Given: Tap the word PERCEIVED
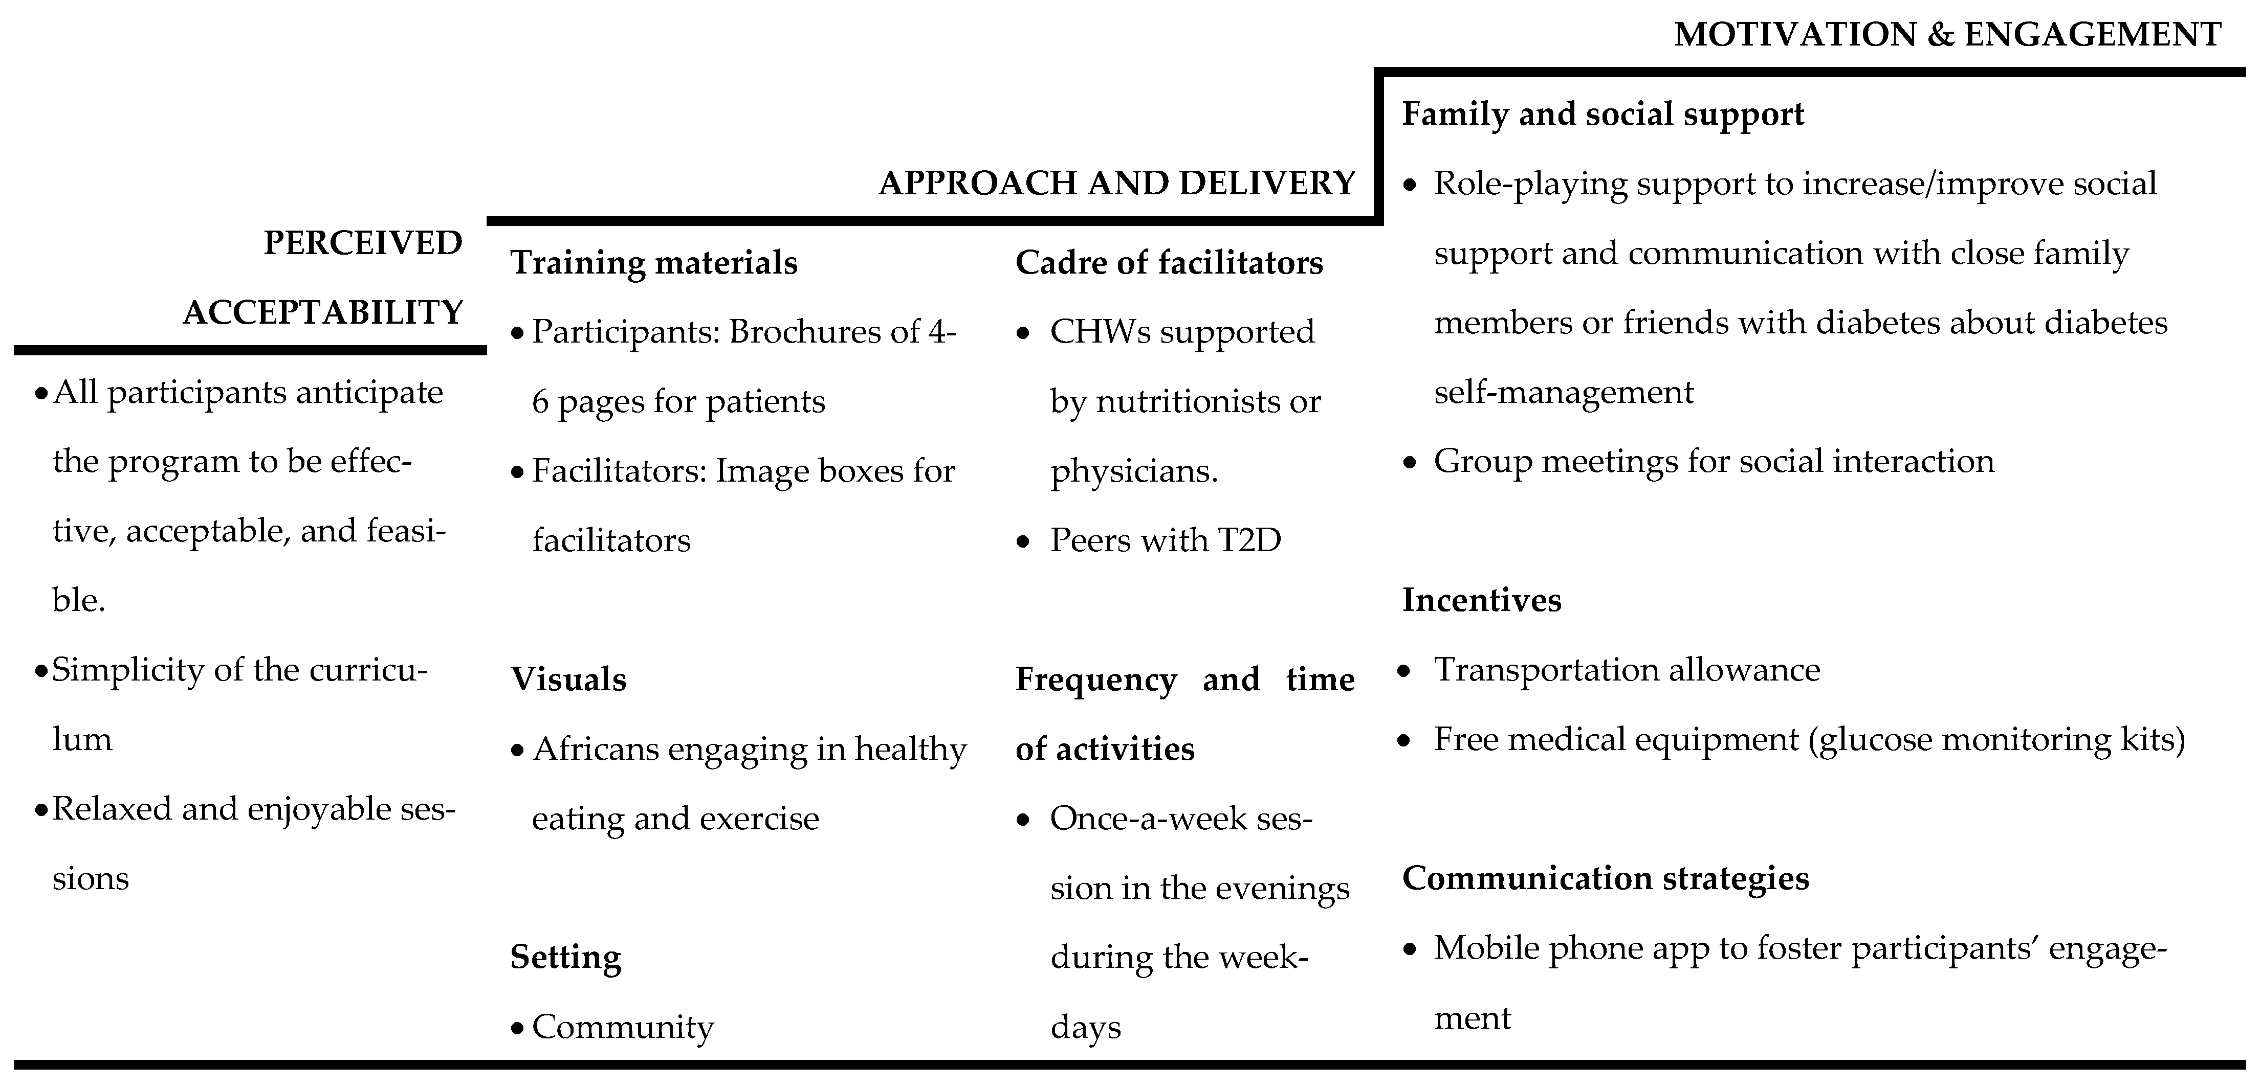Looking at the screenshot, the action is coord(362,243).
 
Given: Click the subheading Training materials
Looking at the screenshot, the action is coord(654,262).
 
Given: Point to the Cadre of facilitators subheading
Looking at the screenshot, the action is coord(1168,262).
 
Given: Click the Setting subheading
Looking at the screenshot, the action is coord(565,957).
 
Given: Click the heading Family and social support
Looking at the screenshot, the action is coord(1603,114).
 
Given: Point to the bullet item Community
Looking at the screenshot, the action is coord(622,1027).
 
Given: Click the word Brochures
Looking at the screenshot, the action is coord(823,332).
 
